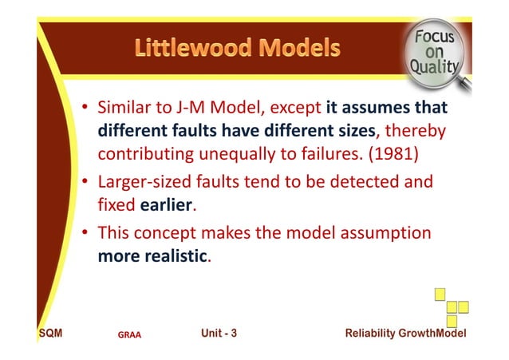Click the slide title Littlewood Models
pos(237,48)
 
